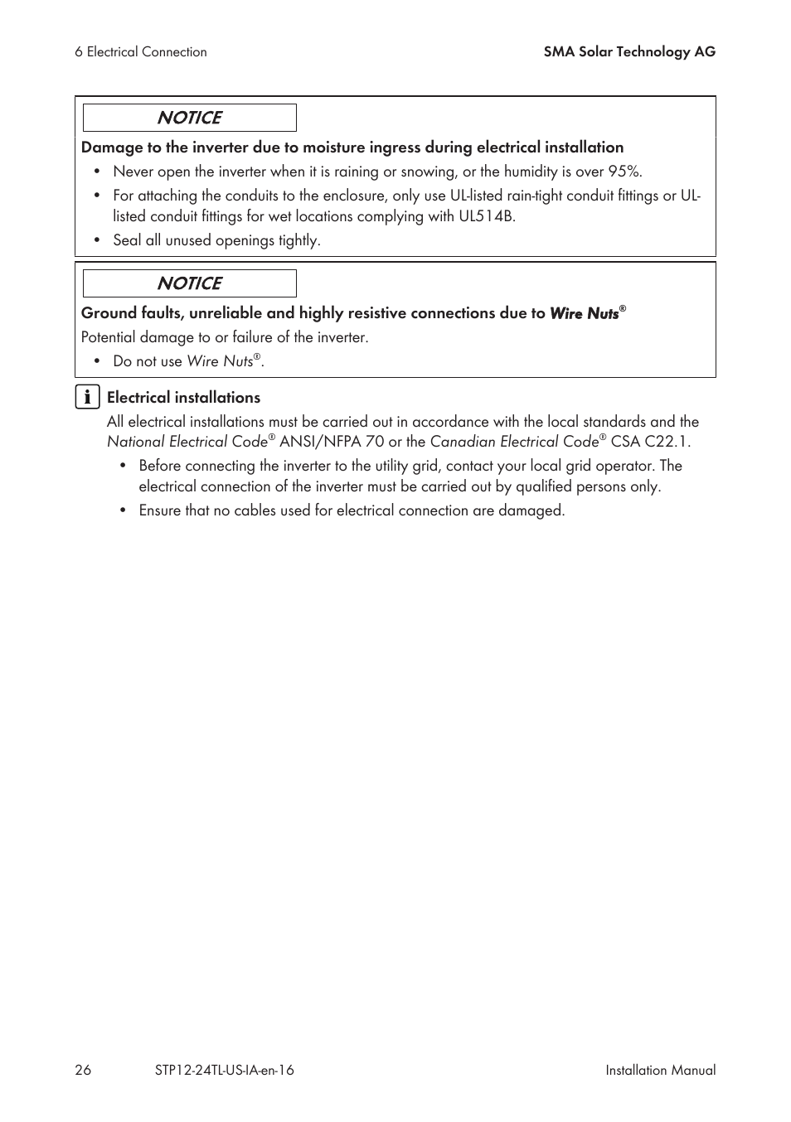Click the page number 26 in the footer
click(x=83, y=1070)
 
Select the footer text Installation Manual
click(x=660, y=1070)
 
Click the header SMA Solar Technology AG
click(x=629, y=51)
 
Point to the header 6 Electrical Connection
click(x=141, y=51)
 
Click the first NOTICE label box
click(x=189, y=118)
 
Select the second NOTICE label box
click(x=189, y=283)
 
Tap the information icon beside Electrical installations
click(x=87, y=397)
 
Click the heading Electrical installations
click(x=183, y=398)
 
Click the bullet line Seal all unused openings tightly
click(x=216, y=240)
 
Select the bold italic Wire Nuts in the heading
click(x=585, y=313)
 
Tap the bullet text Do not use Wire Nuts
click(x=188, y=361)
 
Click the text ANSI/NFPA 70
click(x=332, y=442)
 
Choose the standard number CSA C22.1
click(x=649, y=442)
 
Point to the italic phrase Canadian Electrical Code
click(x=514, y=442)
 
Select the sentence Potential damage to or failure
click(x=224, y=337)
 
